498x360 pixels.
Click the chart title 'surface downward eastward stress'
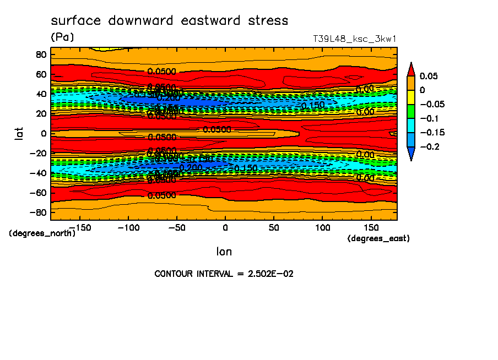(x=169, y=21)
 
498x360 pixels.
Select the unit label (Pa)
(x=62, y=37)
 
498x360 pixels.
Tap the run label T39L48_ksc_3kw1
(x=355, y=39)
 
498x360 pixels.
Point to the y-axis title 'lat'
(x=19, y=133)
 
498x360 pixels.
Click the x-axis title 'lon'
(x=224, y=252)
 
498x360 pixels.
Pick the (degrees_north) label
(x=42, y=233)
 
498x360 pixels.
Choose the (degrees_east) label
(x=378, y=238)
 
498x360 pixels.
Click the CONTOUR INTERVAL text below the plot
(x=224, y=274)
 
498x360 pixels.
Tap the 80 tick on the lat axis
(x=41, y=54)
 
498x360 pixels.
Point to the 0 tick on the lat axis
(x=44, y=133)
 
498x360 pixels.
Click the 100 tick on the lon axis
(x=322, y=227)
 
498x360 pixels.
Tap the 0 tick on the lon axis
(x=225, y=227)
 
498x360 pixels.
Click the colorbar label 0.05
(x=429, y=76)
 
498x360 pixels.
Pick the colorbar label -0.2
(x=429, y=146)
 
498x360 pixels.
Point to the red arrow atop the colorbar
(x=411, y=69)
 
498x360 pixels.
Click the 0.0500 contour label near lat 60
(x=161, y=72)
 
